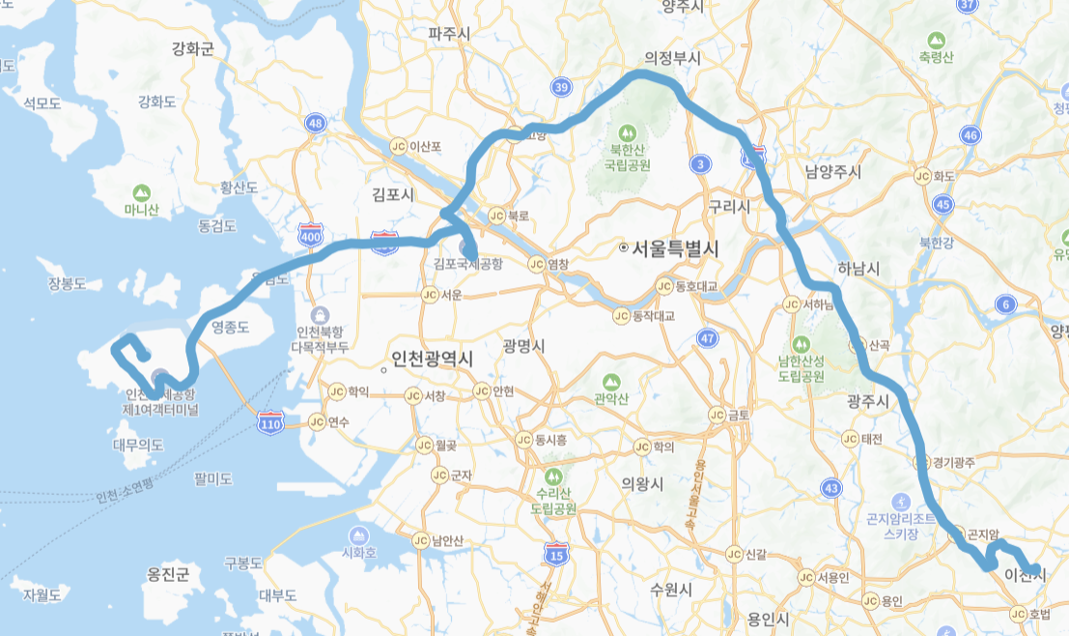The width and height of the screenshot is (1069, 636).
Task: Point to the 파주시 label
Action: (449, 34)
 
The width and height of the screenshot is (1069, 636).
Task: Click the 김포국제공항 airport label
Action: (468, 263)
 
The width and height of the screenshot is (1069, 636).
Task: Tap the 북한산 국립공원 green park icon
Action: (628, 130)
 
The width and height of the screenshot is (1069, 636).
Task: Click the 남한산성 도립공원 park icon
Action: (800, 343)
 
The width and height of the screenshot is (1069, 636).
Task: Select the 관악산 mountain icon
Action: (610, 384)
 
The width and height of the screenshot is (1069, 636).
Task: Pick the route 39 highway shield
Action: (561, 88)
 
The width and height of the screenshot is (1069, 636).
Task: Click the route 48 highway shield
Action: (315, 123)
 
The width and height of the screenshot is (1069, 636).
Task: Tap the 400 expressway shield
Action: (311, 236)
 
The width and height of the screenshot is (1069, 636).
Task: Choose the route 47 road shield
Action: (709, 337)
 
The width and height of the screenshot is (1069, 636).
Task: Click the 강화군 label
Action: (192, 49)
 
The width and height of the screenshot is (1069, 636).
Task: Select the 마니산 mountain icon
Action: (142, 192)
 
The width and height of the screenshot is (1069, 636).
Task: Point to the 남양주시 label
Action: (832, 172)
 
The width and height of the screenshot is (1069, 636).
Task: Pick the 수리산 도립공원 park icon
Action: (553, 477)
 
